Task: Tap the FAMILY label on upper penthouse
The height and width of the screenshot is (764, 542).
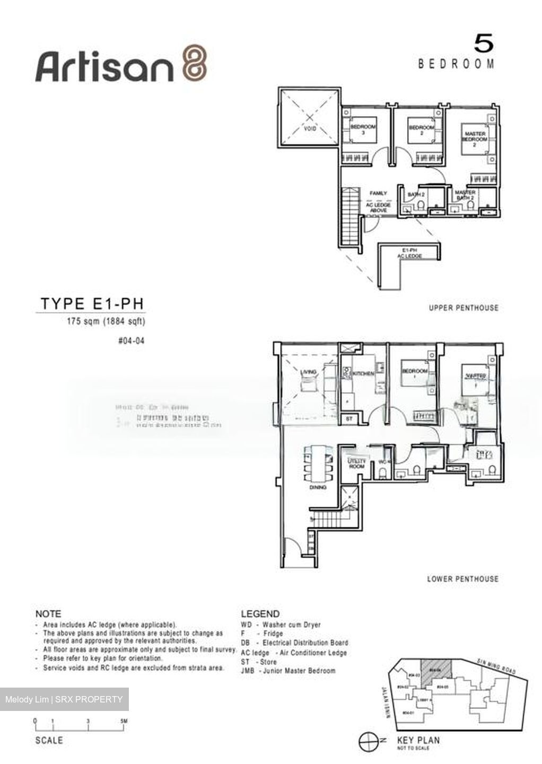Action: pos(378,193)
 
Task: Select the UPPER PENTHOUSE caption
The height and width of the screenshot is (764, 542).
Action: pos(464,308)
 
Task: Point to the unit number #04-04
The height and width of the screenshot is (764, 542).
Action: pos(131,341)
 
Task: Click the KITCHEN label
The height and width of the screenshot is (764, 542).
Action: pos(364,374)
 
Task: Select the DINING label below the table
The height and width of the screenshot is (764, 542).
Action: pos(318,487)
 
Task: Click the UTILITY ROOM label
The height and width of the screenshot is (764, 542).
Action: pos(356,464)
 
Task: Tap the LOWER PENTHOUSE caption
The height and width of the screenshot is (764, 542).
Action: pos(462,579)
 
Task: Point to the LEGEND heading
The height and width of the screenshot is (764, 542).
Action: pos(260,614)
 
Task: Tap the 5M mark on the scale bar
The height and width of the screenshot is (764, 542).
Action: pos(124,722)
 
